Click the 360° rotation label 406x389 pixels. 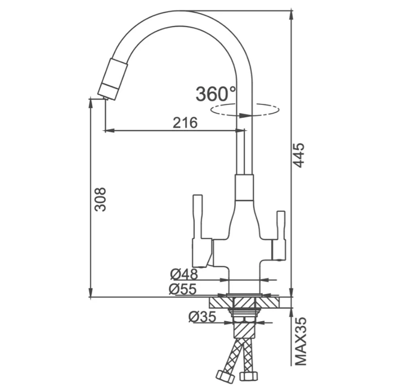(x=216, y=94)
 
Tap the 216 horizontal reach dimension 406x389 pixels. (x=185, y=123)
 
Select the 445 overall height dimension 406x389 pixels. (x=299, y=155)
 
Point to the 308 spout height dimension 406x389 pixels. (x=100, y=199)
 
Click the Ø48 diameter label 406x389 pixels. (x=184, y=274)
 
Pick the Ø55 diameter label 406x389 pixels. (x=183, y=290)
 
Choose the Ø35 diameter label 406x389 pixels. (x=202, y=317)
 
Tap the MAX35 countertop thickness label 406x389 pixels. (x=300, y=341)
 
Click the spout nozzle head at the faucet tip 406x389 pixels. (x=113, y=79)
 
